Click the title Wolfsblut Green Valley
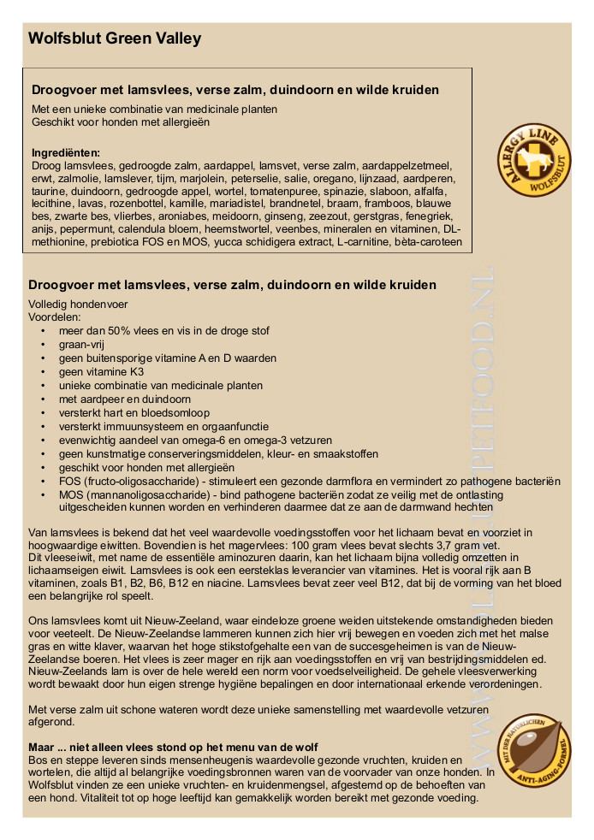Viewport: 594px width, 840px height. (x=115, y=38)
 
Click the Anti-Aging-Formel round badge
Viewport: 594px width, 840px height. (x=533, y=750)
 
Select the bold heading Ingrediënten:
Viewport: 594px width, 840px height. (x=66, y=152)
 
